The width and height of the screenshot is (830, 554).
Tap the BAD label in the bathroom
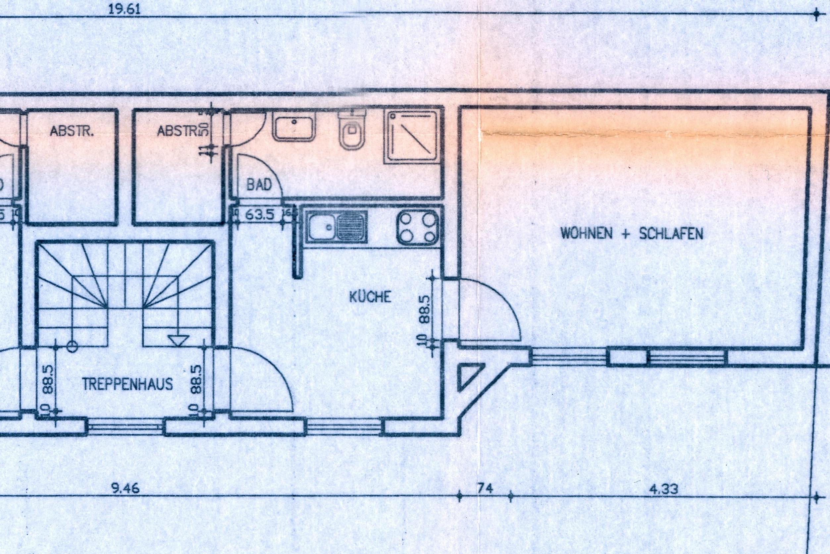click(259, 185)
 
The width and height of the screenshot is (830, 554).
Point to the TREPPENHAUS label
click(128, 384)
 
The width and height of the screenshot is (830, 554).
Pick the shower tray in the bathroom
click(412, 138)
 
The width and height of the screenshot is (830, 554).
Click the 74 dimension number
click(485, 488)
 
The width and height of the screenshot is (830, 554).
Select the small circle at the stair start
click(73, 347)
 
